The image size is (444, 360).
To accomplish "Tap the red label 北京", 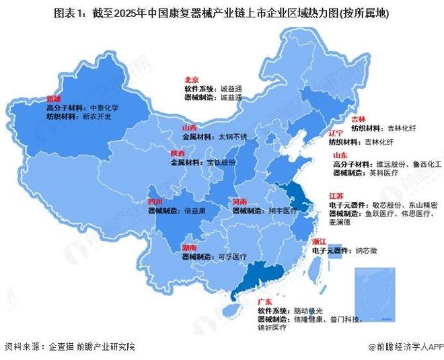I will (x=192, y=79).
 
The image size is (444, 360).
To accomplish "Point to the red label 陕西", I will (x=178, y=153).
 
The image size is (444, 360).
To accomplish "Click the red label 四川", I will (x=156, y=201).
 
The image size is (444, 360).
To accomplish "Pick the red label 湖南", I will (x=189, y=248).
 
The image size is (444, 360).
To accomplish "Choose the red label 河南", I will (x=240, y=201).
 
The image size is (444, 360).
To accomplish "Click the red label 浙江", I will (x=319, y=240).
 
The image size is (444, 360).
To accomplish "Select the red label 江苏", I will (x=336, y=195).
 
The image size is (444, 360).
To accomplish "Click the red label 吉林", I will (x=359, y=118).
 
